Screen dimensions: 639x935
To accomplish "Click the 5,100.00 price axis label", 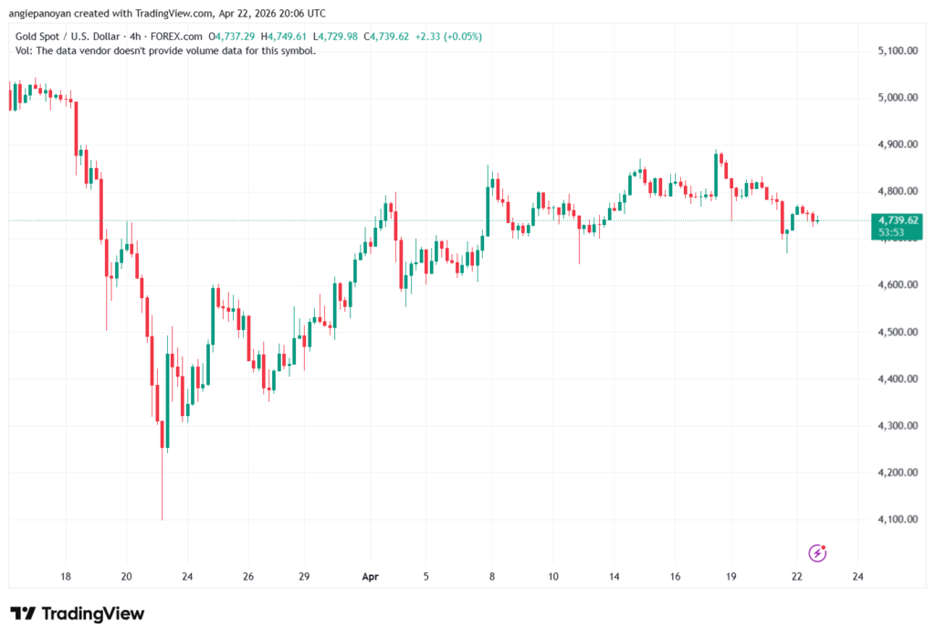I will (x=896, y=50).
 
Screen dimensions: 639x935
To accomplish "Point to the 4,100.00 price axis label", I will (x=896, y=520).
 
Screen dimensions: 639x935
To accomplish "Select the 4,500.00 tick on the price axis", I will (x=896, y=332).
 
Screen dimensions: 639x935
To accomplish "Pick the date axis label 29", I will (x=304, y=577).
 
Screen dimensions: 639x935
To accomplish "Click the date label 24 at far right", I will (x=857, y=577).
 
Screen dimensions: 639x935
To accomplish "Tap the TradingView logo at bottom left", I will (x=78, y=613).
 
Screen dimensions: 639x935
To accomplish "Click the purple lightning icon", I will (x=818, y=552).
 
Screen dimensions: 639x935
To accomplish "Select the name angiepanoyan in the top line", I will (x=36, y=12).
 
